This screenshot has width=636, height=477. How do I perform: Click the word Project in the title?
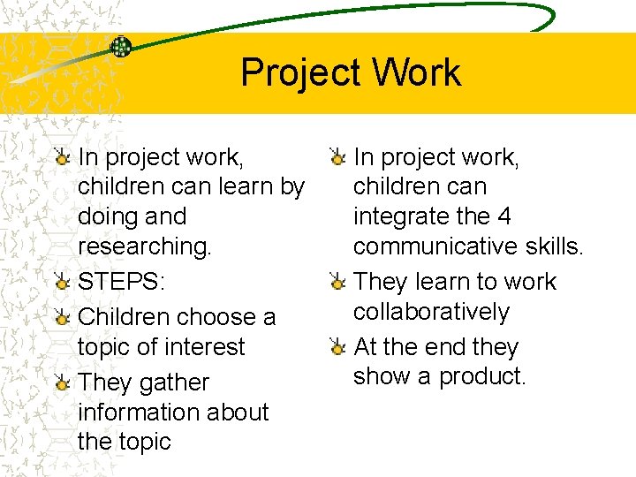click(x=295, y=73)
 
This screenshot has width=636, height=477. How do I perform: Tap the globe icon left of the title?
click(x=120, y=47)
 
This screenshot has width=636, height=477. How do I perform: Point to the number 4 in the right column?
click(x=503, y=216)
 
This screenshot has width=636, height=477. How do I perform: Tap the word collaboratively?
click(x=431, y=312)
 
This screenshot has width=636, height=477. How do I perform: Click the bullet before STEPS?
click(x=62, y=283)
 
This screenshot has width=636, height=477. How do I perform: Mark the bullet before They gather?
click(x=62, y=383)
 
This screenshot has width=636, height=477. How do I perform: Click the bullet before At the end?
click(x=337, y=347)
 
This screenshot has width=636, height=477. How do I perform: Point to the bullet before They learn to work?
click(x=337, y=282)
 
